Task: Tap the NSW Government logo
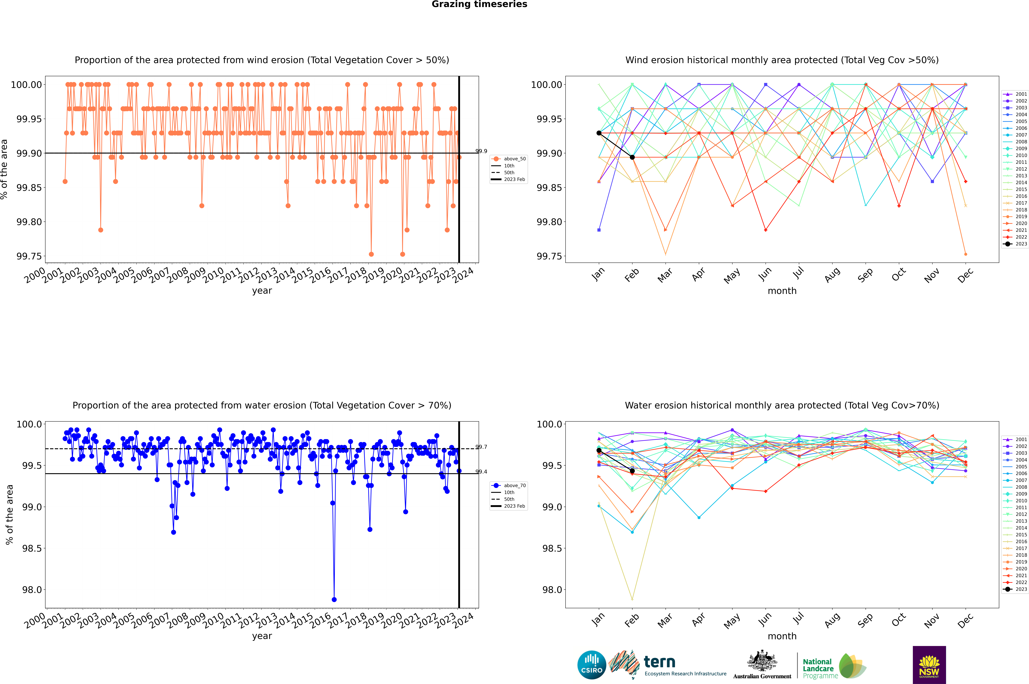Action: (929, 665)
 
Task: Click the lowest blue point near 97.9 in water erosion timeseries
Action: (334, 599)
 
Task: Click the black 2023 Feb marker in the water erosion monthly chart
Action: (632, 471)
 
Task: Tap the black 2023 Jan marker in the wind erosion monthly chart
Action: (599, 133)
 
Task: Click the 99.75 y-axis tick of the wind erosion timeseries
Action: (29, 256)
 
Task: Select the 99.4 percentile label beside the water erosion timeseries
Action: (481, 472)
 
